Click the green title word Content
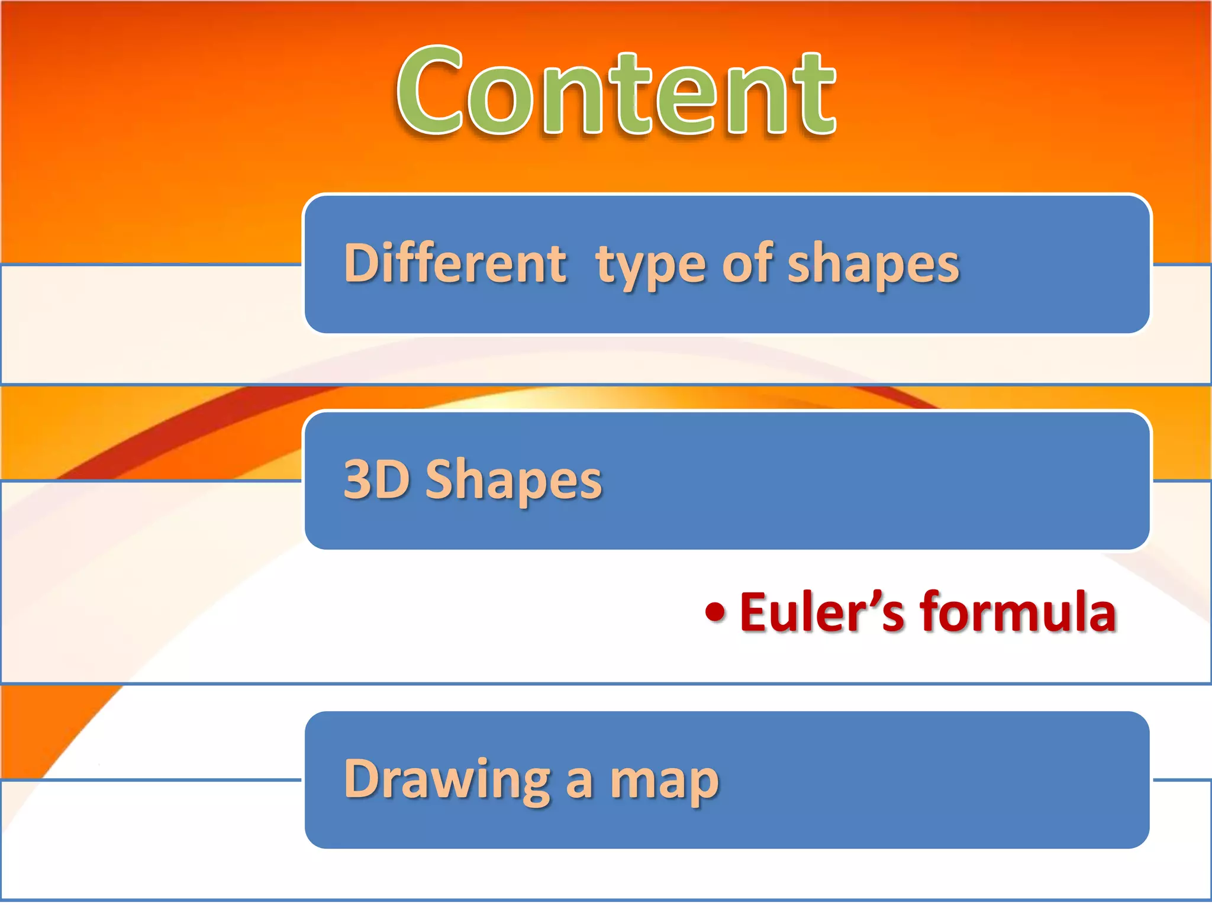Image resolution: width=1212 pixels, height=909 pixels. [615, 92]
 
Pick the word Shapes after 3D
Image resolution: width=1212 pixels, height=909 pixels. [513, 482]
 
